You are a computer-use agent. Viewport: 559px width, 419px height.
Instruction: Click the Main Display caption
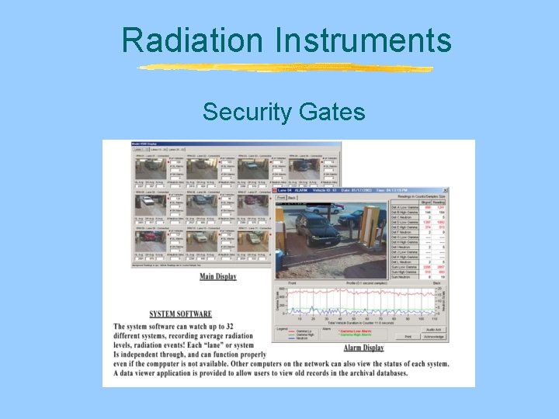(x=218, y=276)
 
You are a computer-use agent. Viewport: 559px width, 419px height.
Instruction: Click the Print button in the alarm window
(x=408, y=337)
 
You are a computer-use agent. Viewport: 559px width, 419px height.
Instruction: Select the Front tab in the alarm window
(x=281, y=198)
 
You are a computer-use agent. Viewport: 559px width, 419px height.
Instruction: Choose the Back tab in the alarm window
(x=293, y=198)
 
